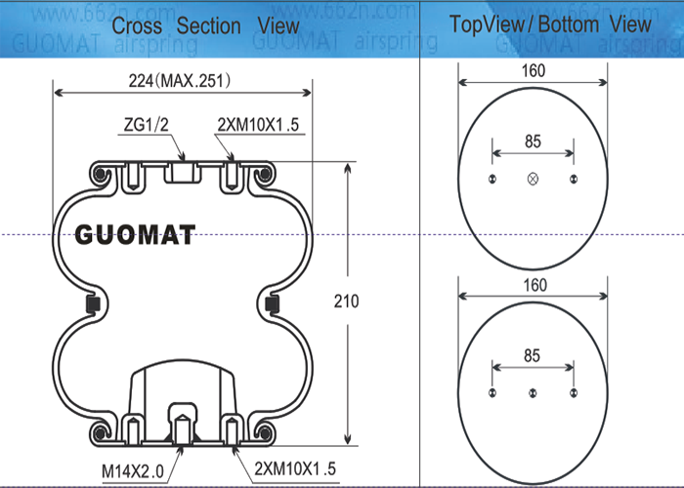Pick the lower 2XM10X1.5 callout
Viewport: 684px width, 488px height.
pos(295,468)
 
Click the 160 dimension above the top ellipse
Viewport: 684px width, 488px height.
pos(533,70)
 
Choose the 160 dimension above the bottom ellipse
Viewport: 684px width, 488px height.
pos(533,285)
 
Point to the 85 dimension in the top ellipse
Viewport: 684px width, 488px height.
pos(533,142)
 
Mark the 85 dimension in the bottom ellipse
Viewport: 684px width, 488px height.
pos(533,356)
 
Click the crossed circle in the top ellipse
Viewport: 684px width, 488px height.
pos(533,179)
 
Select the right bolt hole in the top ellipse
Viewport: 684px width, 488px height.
pos(573,179)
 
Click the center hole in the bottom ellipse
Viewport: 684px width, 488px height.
pos(533,393)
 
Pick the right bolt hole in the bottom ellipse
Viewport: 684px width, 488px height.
pos(573,393)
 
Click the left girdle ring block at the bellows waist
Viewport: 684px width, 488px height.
pos(91,305)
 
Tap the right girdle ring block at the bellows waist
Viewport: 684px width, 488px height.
pos(276,305)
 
